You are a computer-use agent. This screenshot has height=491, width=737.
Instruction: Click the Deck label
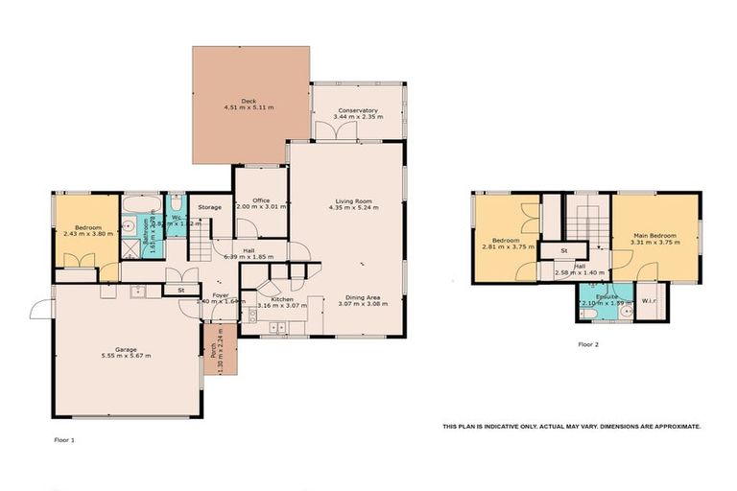pyautogui.click(x=249, y=101)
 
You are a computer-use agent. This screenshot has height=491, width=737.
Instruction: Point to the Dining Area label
pyautogui.click(x=364, y=297)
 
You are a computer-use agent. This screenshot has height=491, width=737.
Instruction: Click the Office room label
pyautogui.click(x=261, y=199)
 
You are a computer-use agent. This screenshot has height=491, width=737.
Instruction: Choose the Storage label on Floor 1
pyautogui.click(x=210, y=207)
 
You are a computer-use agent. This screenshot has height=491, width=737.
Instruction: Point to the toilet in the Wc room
pyautogui.click(x=177, y=204)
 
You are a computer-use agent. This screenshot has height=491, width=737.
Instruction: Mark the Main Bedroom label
pyautogui.click(x=655, y=235)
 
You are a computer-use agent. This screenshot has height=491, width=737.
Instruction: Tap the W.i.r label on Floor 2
pyautogui.click(x=648, y=294)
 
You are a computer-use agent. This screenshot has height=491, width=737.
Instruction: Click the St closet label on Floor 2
pyautogui.click(x=564, y=251)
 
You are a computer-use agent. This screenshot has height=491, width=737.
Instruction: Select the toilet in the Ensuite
pyautogui.click(x=584, y=310)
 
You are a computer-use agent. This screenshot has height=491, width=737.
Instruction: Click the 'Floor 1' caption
pyautogui.click(x=63, y=440)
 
